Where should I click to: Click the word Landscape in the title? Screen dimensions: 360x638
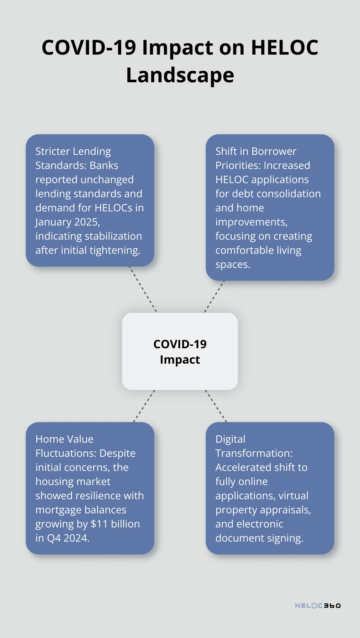(180, 76)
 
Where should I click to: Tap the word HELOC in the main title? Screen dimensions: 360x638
(284, 48)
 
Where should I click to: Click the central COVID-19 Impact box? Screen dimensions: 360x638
(180, 351)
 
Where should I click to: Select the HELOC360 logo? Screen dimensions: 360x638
(318, 606)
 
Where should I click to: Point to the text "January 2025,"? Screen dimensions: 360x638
(68, 222)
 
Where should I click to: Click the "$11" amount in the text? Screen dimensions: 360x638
(99, 524)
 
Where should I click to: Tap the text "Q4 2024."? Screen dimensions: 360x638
(68, 538)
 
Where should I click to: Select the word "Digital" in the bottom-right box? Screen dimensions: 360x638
(230, 439)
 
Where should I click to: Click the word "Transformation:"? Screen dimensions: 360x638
(254, 453)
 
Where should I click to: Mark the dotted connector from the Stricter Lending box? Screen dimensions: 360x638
(143, 289)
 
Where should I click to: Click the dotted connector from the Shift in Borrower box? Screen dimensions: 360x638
(214, 297)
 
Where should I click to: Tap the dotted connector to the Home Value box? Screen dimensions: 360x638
(144, 406)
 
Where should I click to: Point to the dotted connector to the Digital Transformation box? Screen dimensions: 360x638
(216, 406)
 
